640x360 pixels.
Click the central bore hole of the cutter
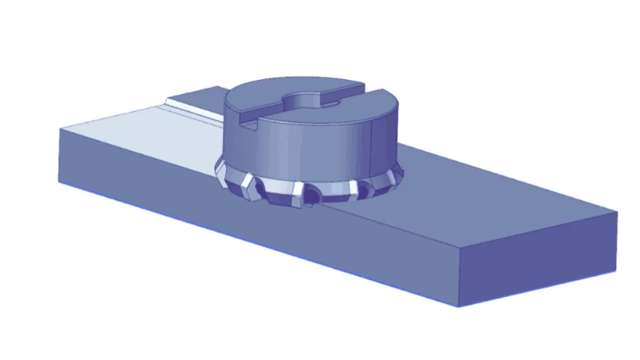(306, 100)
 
